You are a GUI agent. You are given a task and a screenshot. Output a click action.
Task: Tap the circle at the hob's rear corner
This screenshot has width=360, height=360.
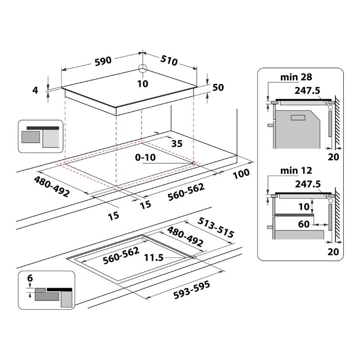pyautogui.click(x=143, y=69)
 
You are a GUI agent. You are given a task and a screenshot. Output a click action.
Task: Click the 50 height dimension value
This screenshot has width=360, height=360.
pyautogui.click(x=218, y=88)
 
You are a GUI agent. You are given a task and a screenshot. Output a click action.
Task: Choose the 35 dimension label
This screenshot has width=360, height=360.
pyautogui.click(x=177, y=144)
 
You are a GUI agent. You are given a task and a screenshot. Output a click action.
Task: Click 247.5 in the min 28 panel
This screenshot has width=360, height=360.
pyautogui.click(x=307, y=90)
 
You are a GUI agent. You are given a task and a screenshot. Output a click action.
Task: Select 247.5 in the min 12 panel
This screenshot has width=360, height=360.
pyautogui.click(x=307, y=184)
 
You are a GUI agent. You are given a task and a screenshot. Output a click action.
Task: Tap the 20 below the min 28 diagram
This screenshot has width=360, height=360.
pyautogui.click(x=333, y=157)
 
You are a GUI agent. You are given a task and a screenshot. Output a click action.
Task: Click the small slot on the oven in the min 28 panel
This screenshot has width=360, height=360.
pyautogui.click(x=297, y=118)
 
